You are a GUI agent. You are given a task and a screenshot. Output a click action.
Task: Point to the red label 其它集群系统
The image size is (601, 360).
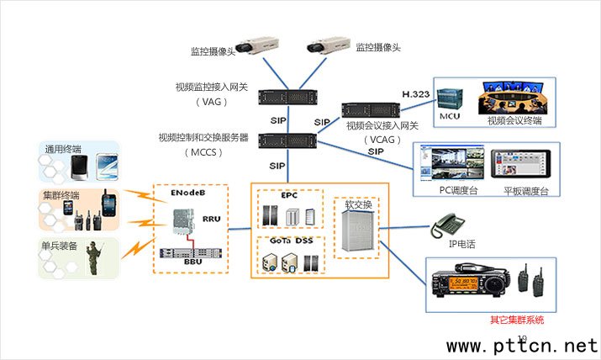(x=517, y=320)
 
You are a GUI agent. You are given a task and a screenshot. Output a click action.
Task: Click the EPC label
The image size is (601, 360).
(x=289, y=195)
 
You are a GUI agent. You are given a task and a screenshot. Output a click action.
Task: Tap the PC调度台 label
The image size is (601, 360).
(x=458, y=191)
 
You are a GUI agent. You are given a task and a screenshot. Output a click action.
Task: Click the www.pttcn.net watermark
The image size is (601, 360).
(x=521, y=346)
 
